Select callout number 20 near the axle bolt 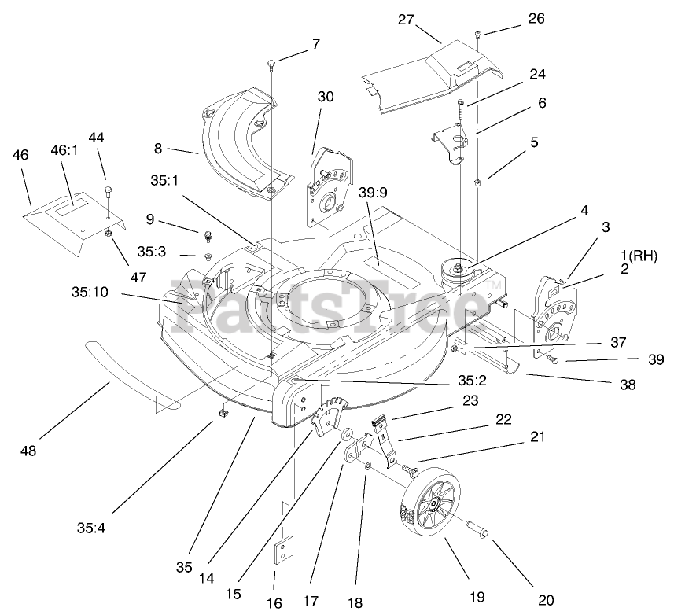pos(546,600)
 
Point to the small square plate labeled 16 pos(282,553)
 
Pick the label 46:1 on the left pos(66,149)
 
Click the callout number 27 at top pos(406,20)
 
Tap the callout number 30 pos(325,97)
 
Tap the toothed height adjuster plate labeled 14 pos(329,414)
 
